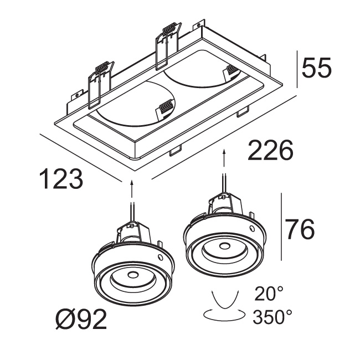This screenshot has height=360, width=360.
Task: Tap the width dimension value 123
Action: click(x=61, y=179)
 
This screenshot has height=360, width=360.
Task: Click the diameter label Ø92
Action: click(x=81, y=321)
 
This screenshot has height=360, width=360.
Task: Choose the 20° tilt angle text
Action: click(x=269, y=292)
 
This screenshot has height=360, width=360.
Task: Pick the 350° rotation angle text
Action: click(x=272, y=317)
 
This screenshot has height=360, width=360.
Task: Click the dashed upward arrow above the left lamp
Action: click(x=132, y=188)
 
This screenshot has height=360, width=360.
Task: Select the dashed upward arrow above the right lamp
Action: click(x=224, y=160)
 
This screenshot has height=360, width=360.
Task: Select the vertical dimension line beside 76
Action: click(x=282, y=227)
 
